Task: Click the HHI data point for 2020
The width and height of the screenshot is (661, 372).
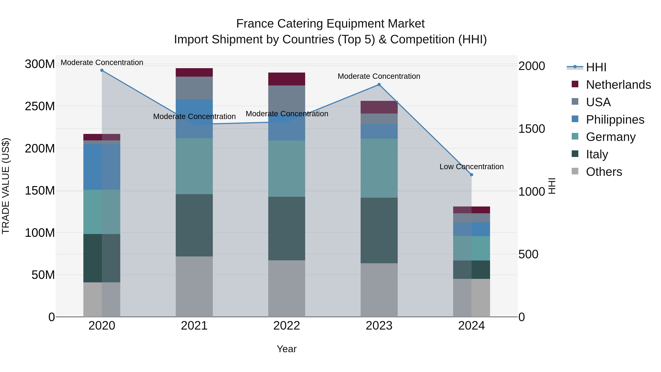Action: click(x=102, y=70)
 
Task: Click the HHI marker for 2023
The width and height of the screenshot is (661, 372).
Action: click(x=379, y=85)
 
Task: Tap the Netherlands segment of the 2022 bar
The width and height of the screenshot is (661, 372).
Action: click(x=287, y=79)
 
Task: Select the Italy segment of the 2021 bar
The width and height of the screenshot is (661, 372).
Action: click(x=194, y=225)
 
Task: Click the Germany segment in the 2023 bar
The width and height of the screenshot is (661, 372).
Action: click(x=379, y=168)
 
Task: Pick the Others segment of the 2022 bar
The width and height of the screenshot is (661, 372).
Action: click(x=287, y=289)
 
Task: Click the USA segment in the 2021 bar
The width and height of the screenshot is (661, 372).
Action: click(x=194, y=88)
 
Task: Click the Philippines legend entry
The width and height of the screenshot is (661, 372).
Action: click(x=615, y=120)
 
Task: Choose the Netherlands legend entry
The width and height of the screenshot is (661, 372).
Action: click(x=618, y=85)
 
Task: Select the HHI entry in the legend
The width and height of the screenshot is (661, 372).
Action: click(x=596, y=67)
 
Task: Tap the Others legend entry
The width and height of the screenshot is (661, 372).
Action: click(x=604, y=172)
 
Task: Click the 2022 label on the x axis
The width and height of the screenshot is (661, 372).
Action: click(x=287, y=326)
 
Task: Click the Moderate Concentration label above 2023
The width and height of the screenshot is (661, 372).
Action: click(x=379, y=76)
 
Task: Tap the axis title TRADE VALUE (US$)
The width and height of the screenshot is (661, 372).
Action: click(x=6, y=186)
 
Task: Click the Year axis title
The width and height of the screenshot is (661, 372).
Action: click(x=287, y=349)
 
